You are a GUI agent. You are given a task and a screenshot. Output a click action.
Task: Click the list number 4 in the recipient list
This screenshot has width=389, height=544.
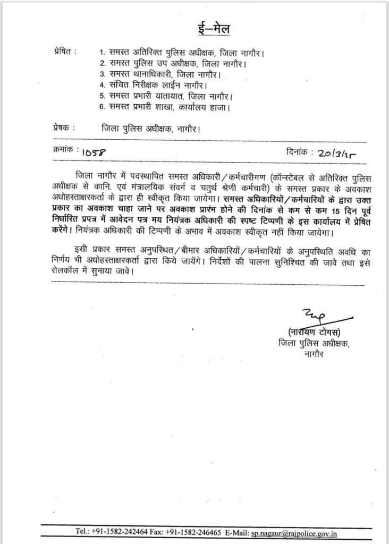103,85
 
